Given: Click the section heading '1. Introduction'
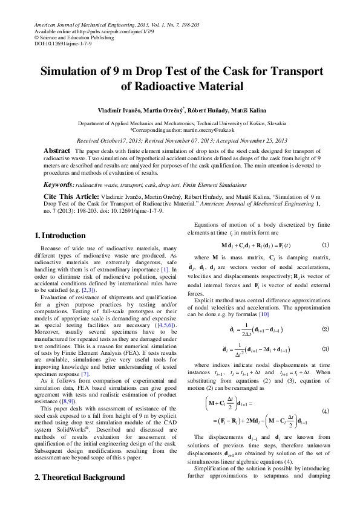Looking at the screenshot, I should click(x=60, y=235).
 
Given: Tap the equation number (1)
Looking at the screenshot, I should click(x=325, y=245).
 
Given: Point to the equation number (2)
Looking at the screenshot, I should click(x=325, y=329).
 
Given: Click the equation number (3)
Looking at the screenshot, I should click(x=325, y=349).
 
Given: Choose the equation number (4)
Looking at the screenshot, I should click(x=325, y=410).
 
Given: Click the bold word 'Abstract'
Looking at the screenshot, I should click(x=57, y=150).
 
